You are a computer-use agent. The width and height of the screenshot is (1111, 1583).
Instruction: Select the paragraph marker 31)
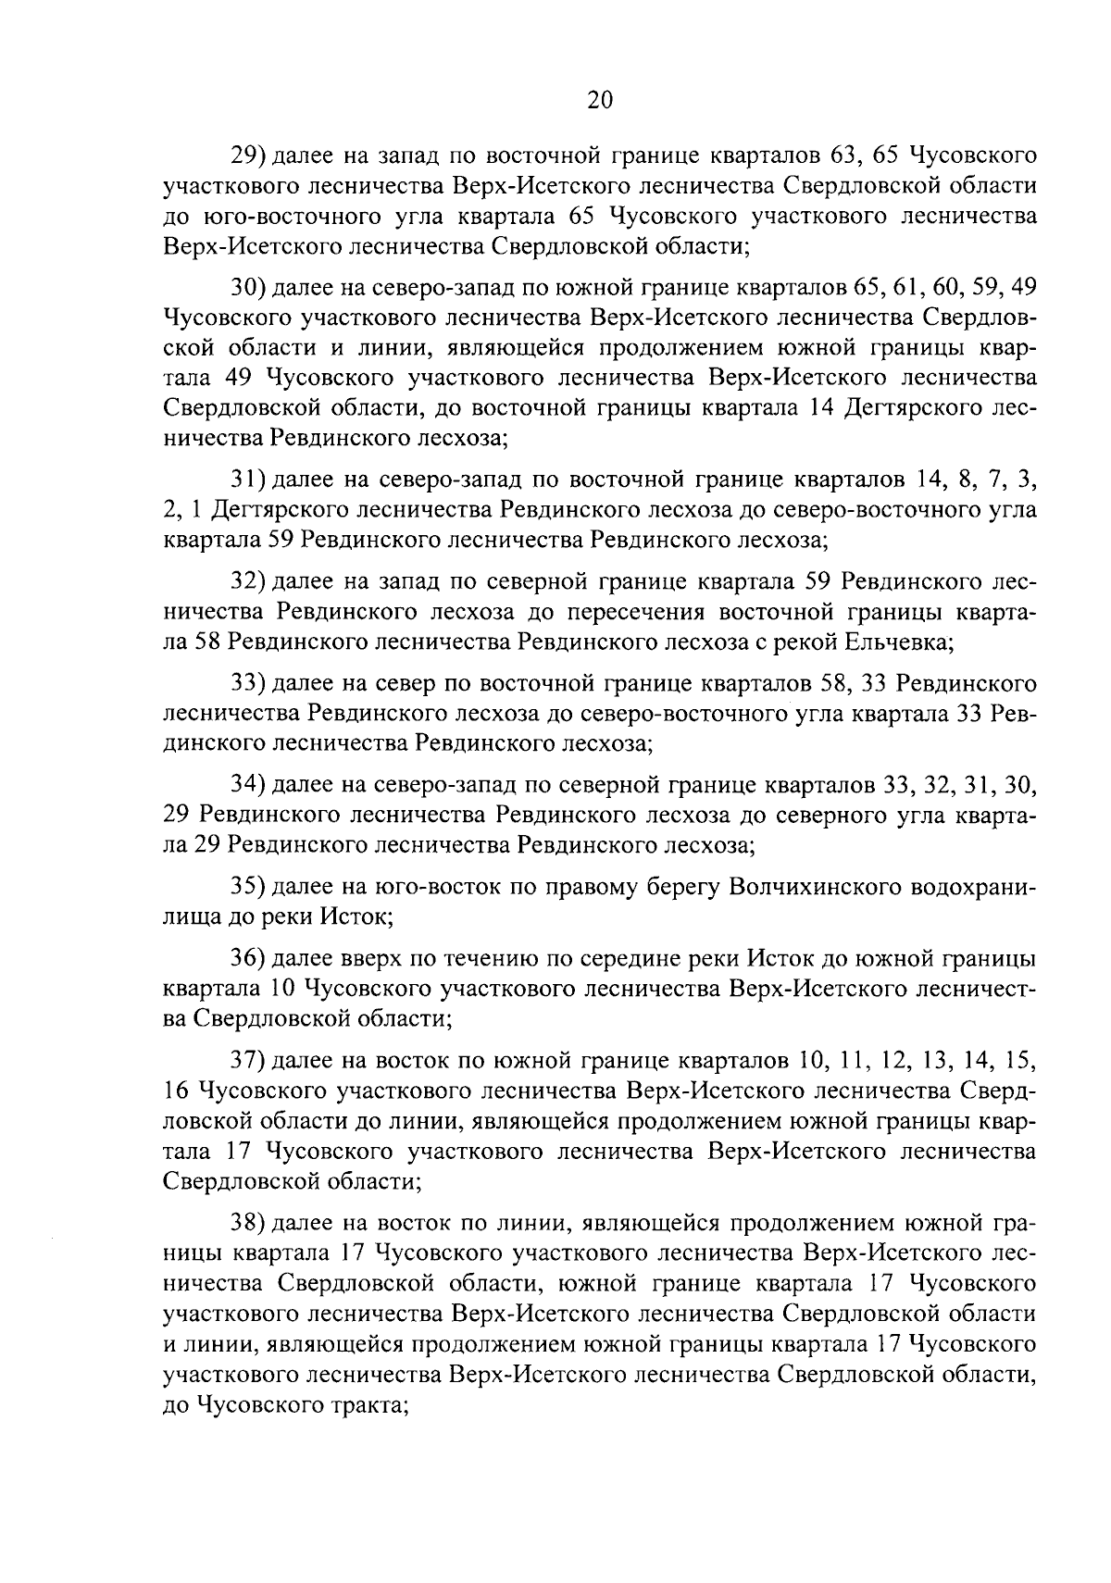248,480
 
